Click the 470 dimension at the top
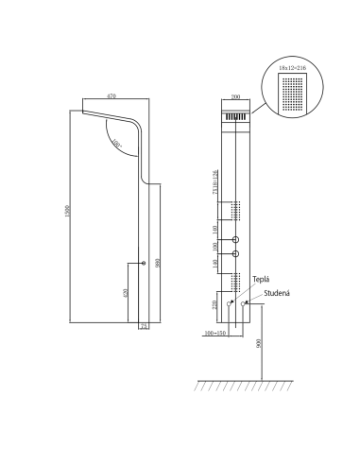111,96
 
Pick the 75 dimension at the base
145,327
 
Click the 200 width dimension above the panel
237,97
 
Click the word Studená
276,293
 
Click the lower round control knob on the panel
237,254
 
